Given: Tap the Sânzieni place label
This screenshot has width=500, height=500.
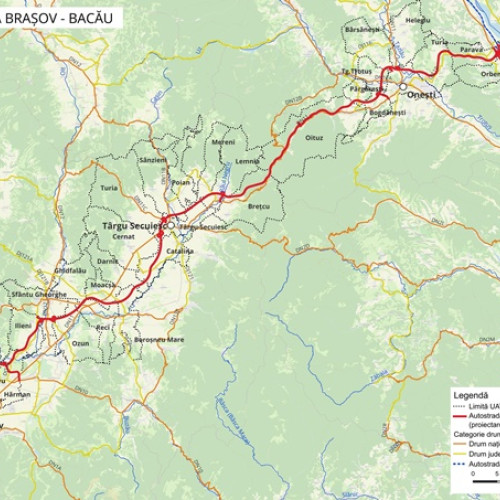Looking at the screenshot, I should [153, 159].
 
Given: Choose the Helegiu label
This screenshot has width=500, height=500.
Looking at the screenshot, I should [419, 19].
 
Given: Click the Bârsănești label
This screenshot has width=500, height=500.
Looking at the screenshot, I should [361, 30].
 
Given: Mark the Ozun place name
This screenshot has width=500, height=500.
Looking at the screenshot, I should [80, 343].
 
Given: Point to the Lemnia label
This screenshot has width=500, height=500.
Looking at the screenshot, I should [247, 160].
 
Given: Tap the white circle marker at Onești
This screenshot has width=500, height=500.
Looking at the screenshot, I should [403, 87].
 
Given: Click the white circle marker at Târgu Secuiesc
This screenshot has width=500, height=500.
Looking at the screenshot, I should [171, 225].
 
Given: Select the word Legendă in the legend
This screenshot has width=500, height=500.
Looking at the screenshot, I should [469, 394].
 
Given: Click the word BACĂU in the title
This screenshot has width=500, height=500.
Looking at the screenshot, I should [96, 17].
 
